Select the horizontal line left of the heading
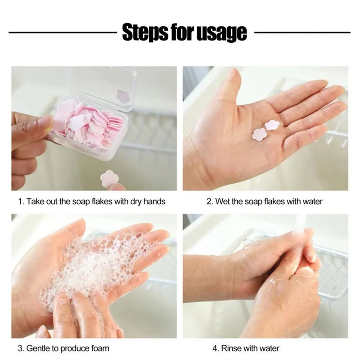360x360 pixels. click(63, 32)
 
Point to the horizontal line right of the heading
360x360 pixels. click(302, 32)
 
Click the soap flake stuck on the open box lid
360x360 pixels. click(123, 96)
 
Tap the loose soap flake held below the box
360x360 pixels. click(108, 179)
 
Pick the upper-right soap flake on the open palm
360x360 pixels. click(272, 125)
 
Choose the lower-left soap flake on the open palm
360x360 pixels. click(260, 134)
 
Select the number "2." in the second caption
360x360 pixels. click(210, 202)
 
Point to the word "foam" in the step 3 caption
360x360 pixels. click(100, 348)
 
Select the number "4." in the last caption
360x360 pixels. click(216, 348)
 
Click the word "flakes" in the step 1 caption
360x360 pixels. click(102, 201)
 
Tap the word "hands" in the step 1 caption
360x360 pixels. click(154, 201)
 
